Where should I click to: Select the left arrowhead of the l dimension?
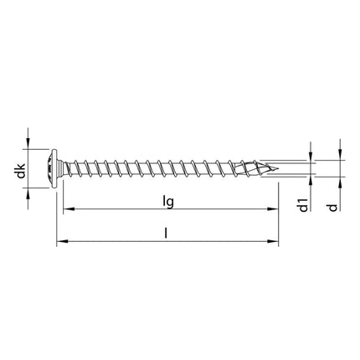click(60, 244)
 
